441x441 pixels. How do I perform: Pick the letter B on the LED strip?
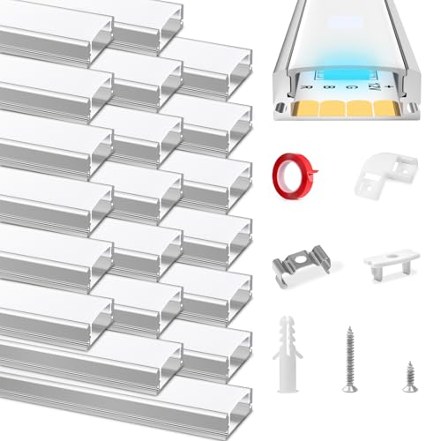(329, 87)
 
